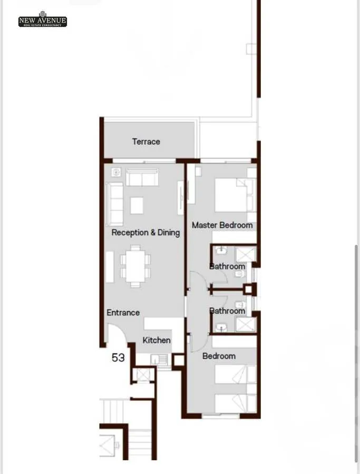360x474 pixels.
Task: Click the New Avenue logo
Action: coord(43,19)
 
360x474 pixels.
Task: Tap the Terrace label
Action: coord(146,142)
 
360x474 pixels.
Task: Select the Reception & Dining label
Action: coord(145,232)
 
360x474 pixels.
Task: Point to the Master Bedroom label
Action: coord(222,225)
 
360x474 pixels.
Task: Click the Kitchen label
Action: coord(157,340)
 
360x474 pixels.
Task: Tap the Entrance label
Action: coord(123,312)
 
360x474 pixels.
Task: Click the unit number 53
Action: coord(118,358)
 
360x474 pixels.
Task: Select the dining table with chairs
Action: coord(135,266)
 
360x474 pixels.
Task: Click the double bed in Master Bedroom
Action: coord(235,195)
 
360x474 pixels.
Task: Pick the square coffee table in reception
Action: coord(137,205)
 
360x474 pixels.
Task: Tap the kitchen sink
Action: coord(158,360)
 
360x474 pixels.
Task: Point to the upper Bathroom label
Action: coord(227,266)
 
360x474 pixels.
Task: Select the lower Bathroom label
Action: coord(227,311)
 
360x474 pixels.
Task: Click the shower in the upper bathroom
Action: coord(246,254)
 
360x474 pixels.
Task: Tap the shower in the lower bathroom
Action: coord(246,324)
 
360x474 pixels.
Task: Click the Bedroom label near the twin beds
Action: coord(219,356)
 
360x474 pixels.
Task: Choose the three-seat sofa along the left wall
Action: coord(114,204)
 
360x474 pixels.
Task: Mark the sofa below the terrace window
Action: coord(142,177)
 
